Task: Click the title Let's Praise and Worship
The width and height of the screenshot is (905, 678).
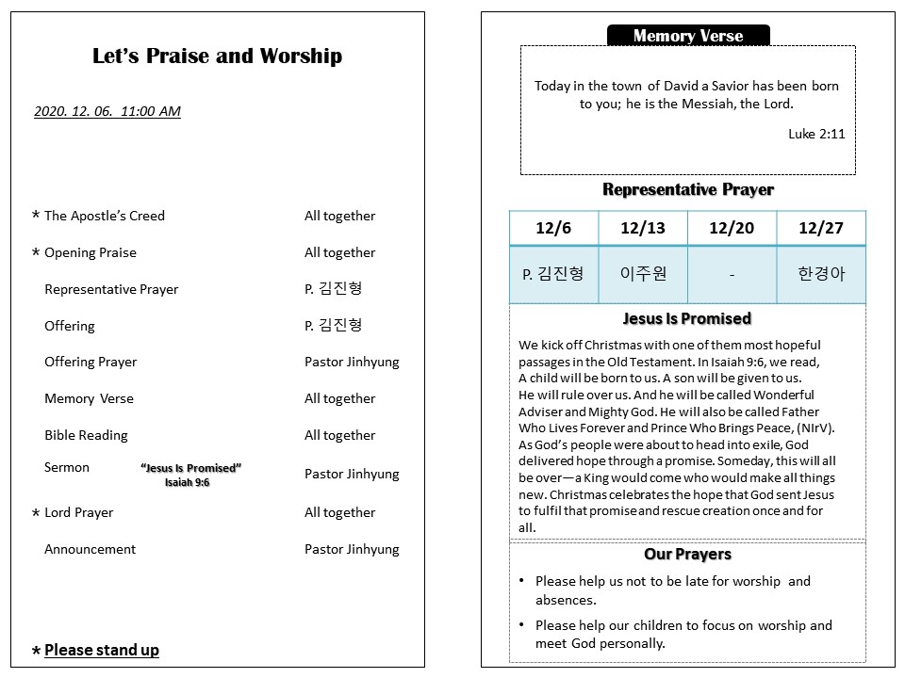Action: coord(217,56)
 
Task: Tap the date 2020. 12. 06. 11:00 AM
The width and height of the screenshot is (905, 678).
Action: coord(107,111)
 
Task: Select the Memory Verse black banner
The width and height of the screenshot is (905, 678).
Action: coord(688,36)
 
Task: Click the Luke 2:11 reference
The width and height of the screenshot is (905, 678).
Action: coord(816,134)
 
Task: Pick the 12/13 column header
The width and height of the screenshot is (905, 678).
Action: coord(643,228)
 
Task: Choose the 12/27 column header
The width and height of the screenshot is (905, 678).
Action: coord(820,228)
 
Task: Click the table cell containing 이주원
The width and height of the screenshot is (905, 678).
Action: coord(643,274)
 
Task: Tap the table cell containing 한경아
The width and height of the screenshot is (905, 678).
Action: coord(820,274)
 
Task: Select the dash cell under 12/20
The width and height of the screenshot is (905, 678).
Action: coord(732,275)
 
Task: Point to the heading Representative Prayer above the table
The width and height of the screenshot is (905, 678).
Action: coord(688,189)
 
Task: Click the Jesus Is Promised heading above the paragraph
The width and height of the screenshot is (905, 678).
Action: coord(687,318)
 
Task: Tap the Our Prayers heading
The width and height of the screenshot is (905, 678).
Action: coord(687,554)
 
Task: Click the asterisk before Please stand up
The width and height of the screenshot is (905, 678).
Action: coord(36,652)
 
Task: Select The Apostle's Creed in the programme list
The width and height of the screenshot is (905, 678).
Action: coord(105,216)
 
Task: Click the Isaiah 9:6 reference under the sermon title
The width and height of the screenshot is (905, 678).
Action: coord(187,483)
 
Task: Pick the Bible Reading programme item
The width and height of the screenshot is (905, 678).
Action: coord(86,435)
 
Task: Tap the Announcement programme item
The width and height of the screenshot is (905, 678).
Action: coord(90,549)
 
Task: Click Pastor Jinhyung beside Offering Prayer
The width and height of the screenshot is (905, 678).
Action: coord(352,362)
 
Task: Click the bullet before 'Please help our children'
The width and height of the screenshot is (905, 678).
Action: coord(522,625)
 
